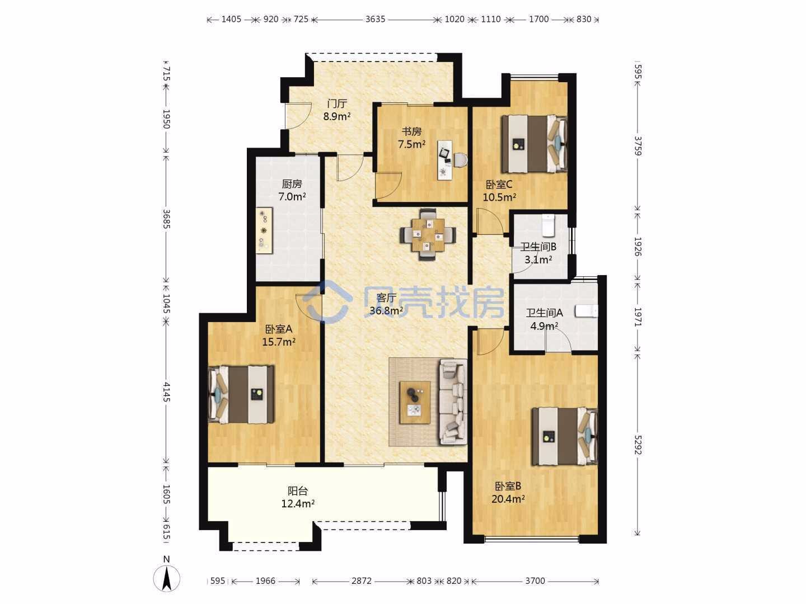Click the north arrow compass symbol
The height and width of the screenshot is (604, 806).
point(166,578)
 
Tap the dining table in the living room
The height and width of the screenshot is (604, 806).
point(428,235)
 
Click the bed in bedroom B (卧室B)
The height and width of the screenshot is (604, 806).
point(565,436)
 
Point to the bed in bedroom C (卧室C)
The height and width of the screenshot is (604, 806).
point(535,144)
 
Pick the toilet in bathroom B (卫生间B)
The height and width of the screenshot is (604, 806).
point(547,225)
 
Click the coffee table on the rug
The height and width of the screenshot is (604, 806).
point(415,402)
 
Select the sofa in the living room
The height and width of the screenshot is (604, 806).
point(453,402)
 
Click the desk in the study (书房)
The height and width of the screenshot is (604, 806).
point(445,161)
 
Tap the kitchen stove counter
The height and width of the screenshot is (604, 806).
point(264,230)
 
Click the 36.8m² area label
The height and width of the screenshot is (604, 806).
point(386,311)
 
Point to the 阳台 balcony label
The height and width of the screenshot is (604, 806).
point(297,490)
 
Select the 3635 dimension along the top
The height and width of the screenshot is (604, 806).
point(375,19)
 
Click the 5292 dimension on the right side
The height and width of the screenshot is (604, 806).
point(638,445)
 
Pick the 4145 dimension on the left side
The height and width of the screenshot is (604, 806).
point(167,391)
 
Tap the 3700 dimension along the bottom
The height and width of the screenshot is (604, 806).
point(535,581)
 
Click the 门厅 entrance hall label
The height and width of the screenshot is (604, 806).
point(337,104)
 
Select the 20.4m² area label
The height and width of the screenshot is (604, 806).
point(508,499)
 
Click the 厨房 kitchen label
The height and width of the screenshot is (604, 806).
point(292,184)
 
